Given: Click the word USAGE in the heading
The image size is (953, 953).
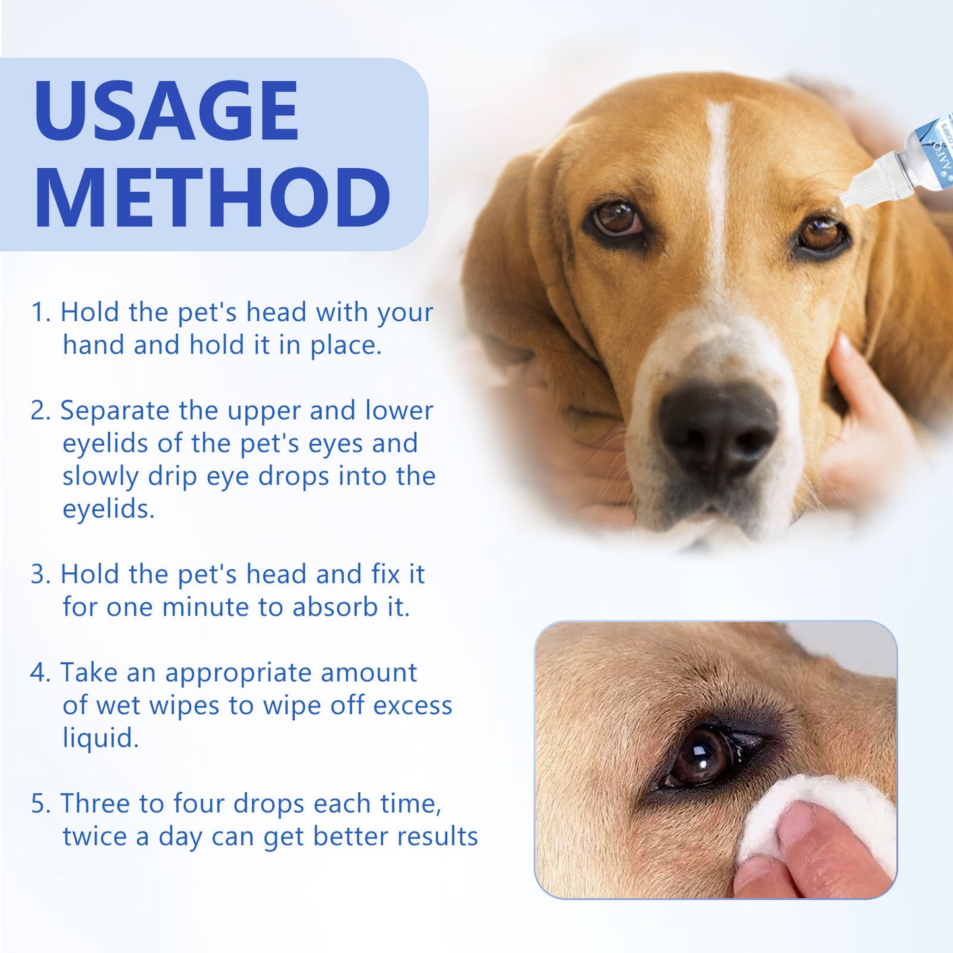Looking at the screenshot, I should (166, 110).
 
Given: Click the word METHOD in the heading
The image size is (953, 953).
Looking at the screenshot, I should (212, 198).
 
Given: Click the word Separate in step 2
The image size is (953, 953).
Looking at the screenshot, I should (115, 411).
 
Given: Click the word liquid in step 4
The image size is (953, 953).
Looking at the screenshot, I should (100, 738).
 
